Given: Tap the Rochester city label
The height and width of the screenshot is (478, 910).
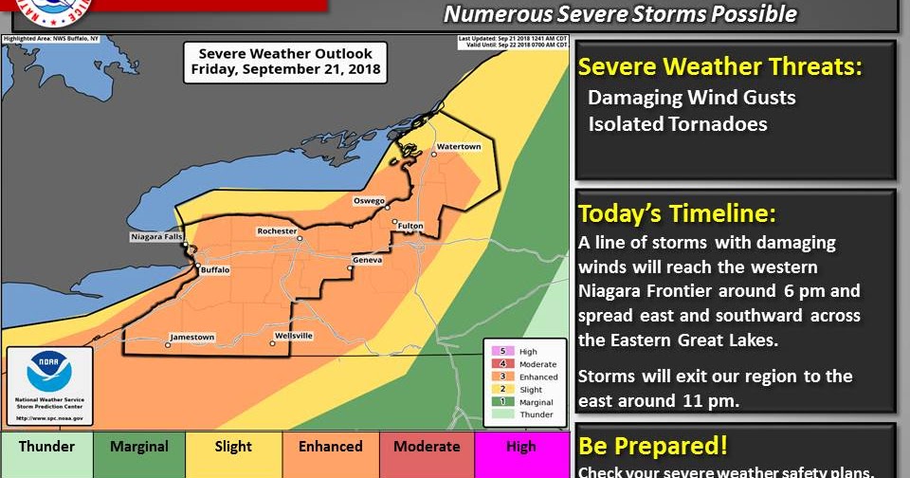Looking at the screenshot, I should click(277, 231).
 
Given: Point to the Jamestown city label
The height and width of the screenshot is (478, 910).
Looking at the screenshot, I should click(191, 337).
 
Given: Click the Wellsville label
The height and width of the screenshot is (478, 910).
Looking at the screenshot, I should click(293, 336).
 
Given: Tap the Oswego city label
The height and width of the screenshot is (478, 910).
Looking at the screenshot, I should click(369, 201).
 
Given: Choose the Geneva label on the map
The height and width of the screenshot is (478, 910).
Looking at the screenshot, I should click(367, 260).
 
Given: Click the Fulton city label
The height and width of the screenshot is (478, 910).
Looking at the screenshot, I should click(409, 226).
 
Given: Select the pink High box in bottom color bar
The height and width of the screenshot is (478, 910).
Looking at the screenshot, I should click(520, 447).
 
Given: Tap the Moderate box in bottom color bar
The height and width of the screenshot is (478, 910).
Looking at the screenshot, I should click(426, 447).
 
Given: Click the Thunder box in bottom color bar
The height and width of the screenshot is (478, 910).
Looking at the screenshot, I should click(46, 447).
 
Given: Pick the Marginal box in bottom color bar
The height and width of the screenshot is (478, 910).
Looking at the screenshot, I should click(139, 447).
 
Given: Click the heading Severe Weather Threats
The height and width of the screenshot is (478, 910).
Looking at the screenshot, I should click(720, 66).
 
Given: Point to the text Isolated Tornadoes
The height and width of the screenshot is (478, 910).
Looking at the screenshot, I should click(677, 124).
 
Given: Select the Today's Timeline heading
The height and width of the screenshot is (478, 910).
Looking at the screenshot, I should click(677, 212).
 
